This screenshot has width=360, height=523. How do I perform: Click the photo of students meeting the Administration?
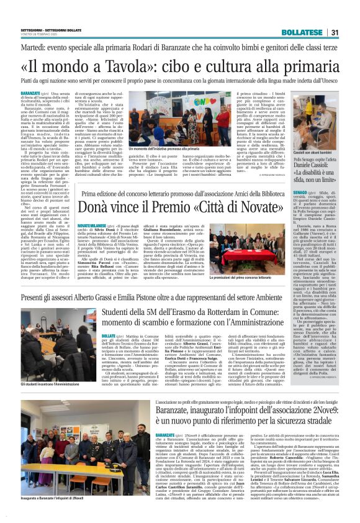point(45,349)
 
